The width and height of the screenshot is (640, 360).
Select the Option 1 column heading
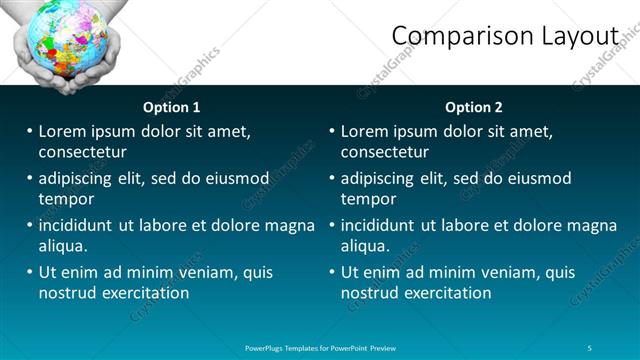[x=172, y=107]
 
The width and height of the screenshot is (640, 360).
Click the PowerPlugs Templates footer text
[x=320, y=347]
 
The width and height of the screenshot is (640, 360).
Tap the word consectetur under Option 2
[x=385, y=152]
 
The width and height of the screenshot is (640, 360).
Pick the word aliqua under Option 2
[x=367, y=246]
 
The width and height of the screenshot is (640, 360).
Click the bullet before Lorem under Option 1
[x=30, y=131]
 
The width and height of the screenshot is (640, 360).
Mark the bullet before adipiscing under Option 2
[x=332, y=178]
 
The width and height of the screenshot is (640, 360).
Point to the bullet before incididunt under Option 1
[x=30, y=225]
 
